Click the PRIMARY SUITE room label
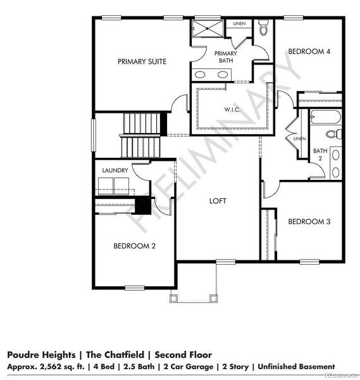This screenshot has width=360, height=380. (x=142, y=61)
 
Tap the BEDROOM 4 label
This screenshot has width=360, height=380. (x=309, y=51)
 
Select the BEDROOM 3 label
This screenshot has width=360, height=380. (x=309, y=222)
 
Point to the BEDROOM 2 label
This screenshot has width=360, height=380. (x=134, y=246)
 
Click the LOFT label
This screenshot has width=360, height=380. (x=218, y=201)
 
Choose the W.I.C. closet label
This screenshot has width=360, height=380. (x=232, y=109)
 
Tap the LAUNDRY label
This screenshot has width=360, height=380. (x=115, y=170)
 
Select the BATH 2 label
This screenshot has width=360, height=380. (x=320, y=155)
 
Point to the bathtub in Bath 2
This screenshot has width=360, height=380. (x=325, y=118)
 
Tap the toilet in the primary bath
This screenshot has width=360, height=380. (x=263, y=28)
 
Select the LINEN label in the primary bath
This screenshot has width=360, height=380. (x=239, y=23)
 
